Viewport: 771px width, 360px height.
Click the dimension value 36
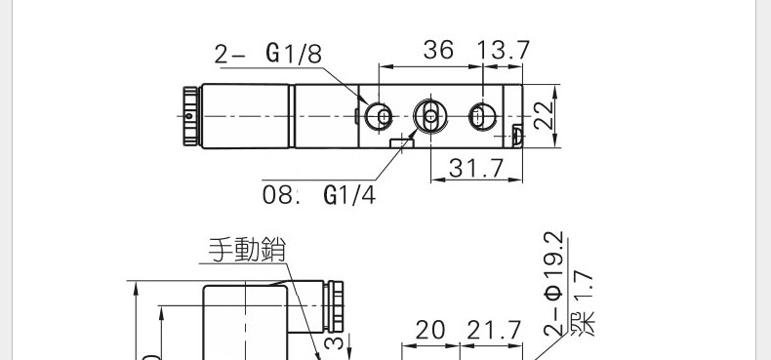pyautogui.click(x=438, y=51)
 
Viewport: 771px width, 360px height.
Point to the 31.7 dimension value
pyautogui.click(x=474, y=169)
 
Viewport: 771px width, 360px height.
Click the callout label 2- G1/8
pyautogui.click(x=267, y=54)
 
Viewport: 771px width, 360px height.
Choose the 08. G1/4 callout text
pyautogui.click(x=318, y=195)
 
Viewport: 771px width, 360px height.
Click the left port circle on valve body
pyautogui.click(x=382, y=117)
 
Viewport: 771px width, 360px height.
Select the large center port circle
pyautogui.click(x=427, y=117)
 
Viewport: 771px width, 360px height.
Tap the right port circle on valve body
pyautogui.click(x=478, y=117)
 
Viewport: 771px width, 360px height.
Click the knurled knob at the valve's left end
pyautogui.click(x=188, y=116)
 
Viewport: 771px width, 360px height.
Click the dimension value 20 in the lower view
pyautogui.click(x=429, y=331)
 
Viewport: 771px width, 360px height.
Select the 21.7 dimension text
pyautogui.click(x=493, y=331)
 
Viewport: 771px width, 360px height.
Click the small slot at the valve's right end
pyautogui.click(x=517, y=132)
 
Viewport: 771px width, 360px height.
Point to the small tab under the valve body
pyautogui.click(x=401, y=142)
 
